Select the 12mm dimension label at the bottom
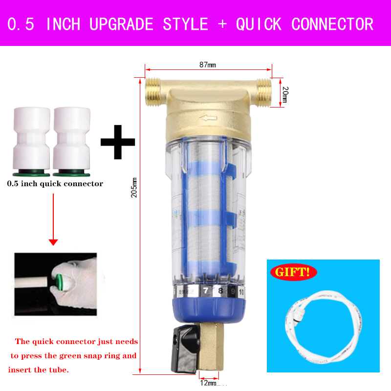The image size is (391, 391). pyautogui.click(x=208, y=383)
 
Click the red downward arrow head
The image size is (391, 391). pyautogui.click(x=54, y=241)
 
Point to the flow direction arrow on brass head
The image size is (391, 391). pyautogui.click(x=211, y=117)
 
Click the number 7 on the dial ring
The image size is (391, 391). pyautogui.click(x=206, y=291)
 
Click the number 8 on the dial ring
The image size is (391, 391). pyautogui.click(x=221, y=292)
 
